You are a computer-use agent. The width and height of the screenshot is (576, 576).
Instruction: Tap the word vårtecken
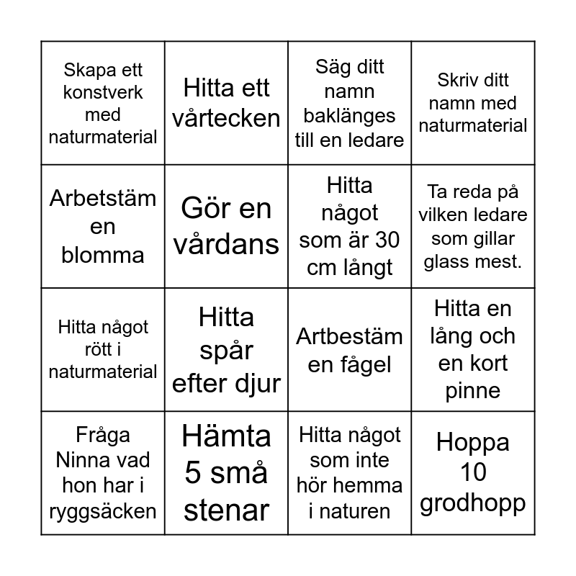tap(226, 117)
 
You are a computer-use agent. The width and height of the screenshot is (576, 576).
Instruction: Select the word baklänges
tap(349, 115)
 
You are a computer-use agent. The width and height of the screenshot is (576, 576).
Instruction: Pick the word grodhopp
tap(473, 502)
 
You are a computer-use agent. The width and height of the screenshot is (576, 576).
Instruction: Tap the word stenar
tap(226, 510)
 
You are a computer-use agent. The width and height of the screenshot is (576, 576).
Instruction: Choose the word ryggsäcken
tap(103, 511)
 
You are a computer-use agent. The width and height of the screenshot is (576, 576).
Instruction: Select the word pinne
tap(473, 391)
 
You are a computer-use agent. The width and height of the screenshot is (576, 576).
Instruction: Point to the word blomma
tap(103, 255)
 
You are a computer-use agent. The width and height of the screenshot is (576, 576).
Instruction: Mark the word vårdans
tap(226, 243)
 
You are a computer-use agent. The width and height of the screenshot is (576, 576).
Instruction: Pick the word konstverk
tap(103, 92)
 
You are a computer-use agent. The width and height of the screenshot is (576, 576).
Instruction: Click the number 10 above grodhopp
tap(473, 472)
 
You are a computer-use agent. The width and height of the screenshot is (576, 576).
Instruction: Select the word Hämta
tap(226, 435)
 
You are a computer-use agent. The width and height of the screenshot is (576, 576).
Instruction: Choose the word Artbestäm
tap(349, 336)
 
